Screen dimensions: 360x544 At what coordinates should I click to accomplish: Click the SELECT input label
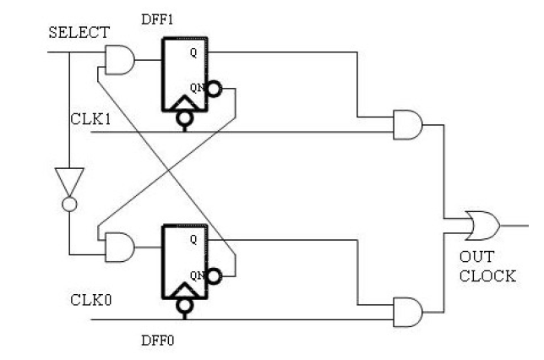pos(79,32)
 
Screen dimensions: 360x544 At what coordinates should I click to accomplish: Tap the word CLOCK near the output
pos(487,275)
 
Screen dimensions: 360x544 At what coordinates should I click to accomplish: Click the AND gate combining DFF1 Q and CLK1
pos(408,124)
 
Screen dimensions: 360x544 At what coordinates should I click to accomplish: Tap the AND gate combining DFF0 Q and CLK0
pos(408,311)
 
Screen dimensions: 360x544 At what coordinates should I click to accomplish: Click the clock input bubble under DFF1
pos(182,122)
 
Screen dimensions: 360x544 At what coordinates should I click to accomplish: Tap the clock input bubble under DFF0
pos(182,309)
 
